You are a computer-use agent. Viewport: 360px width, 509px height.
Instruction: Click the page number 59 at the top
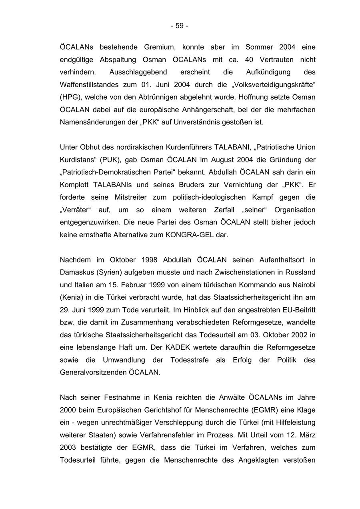[x=180, y=26]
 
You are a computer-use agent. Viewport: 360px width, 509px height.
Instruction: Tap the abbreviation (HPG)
[x=70, y=97]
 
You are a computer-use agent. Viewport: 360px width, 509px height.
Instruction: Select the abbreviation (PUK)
[x=110, y=160]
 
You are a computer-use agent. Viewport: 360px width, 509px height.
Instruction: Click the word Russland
[x=300, y=273]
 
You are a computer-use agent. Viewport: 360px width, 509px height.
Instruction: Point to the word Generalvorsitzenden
[x=93, y=373]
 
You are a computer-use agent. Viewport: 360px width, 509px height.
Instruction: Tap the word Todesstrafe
[x=189, y=360]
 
